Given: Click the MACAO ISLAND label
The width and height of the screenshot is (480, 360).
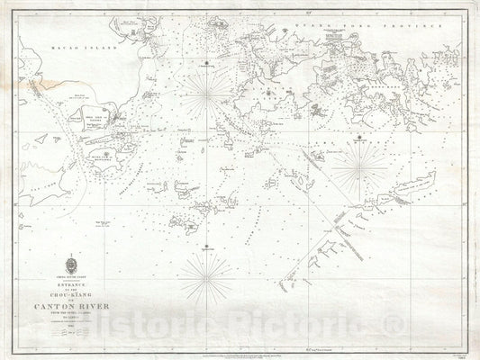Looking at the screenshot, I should [x=66, y=31].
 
